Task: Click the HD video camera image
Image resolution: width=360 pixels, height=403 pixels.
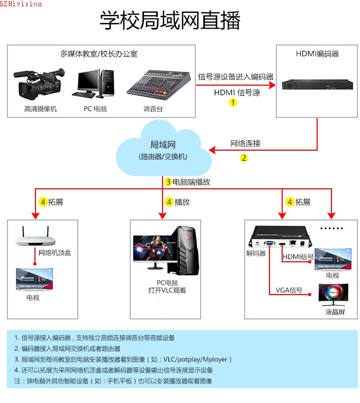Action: (39, 84)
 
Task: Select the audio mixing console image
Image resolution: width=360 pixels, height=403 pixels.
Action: (158, 85)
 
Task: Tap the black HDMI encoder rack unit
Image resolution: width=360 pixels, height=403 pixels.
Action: (317, 85)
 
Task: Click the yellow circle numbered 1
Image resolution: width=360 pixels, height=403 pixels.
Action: (233, 103)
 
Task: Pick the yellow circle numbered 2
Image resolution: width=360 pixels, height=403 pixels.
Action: (244, 158)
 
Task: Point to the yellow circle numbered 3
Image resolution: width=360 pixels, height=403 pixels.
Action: (168, 182)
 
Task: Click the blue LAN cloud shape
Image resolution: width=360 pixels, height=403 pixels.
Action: (164, 148)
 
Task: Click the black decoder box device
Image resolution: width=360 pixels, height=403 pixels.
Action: (280, 237)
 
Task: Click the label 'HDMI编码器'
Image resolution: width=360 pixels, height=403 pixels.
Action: (317, 54)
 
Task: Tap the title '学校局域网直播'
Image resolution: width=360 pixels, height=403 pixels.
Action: (170, 20)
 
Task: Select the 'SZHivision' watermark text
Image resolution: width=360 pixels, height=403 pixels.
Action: (21, 4)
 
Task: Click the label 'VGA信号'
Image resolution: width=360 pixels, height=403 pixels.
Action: (289, 290)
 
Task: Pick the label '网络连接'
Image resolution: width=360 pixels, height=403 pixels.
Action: (245, 143)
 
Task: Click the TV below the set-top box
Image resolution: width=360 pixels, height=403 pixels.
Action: (34, 279)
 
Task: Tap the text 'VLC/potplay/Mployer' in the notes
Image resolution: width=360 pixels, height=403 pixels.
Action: (195, 359)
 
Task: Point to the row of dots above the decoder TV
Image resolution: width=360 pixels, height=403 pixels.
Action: (332, 228)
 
